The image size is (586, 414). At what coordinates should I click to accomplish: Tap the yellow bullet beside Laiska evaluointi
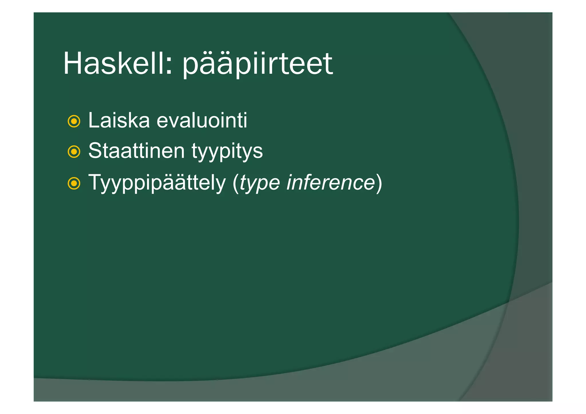tap(74, 121)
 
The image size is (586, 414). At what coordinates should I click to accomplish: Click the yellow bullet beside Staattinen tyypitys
tap(74, 152)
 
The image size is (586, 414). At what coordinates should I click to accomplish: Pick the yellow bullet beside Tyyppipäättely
tap(74, 183)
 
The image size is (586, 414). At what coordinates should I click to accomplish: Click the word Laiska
tap(119, 120)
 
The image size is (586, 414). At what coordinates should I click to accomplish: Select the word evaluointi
tap(202, 120)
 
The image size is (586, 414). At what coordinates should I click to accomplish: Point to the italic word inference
tap(330, 182)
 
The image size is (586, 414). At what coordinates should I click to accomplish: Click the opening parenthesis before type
tap(236, 183)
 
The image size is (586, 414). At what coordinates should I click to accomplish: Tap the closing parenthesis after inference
tap(379, 183)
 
